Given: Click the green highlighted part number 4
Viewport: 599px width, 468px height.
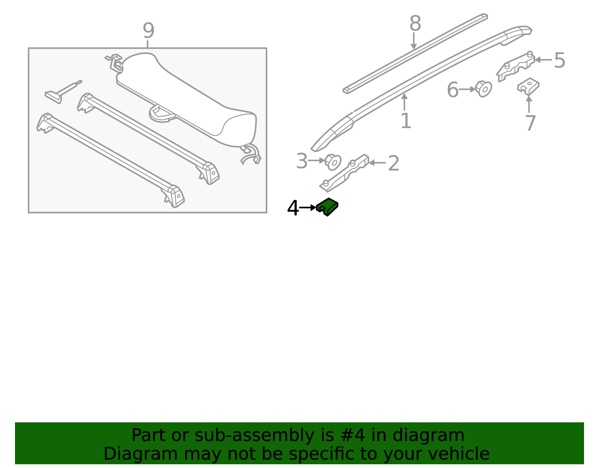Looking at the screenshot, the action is point(327,206).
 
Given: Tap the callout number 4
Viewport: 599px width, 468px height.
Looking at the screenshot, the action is point(293,208).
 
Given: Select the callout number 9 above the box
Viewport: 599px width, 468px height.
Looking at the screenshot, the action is point(148,30).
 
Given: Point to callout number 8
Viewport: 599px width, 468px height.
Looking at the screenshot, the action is point(415,23).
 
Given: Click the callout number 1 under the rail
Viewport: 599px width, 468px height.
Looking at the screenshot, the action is point(406,121).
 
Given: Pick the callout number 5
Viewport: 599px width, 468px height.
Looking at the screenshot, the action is point(560,60).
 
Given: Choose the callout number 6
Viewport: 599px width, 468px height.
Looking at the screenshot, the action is point(453,90).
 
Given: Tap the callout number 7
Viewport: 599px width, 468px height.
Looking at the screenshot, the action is point(530,123).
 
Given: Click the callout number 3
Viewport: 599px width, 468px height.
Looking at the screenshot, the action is point(302,161).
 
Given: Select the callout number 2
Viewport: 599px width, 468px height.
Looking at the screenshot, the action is point(393,163).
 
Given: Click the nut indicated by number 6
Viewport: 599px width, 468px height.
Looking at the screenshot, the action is point(483,89).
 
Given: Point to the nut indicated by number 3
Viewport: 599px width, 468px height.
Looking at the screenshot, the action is point(333,162).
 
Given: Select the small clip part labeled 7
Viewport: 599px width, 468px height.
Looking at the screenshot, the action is point(528,87).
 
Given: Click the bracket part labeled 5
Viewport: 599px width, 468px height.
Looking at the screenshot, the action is point(516,67).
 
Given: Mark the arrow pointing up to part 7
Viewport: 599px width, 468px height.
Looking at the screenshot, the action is point(529,104).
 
